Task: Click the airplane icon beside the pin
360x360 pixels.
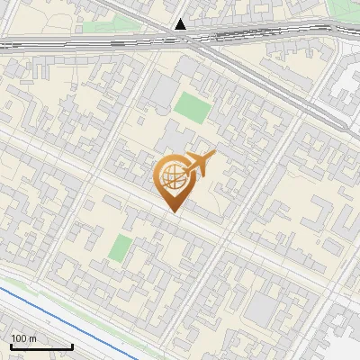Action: click(x=199, y=165)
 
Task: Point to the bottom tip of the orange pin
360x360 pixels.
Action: click(x=173, y=212)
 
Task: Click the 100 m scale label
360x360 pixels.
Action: click(x=23, y=338)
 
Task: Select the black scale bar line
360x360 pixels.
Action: click(x=41, y=346)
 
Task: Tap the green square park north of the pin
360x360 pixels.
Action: click(x=192, y=107)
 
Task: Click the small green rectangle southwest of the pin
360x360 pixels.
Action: click(x=119, y=247)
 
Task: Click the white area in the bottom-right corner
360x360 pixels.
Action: click(x=346, y=346)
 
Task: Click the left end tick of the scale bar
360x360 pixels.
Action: click(x=11, y=346)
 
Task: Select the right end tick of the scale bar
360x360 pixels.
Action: click(x=72, y=346)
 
